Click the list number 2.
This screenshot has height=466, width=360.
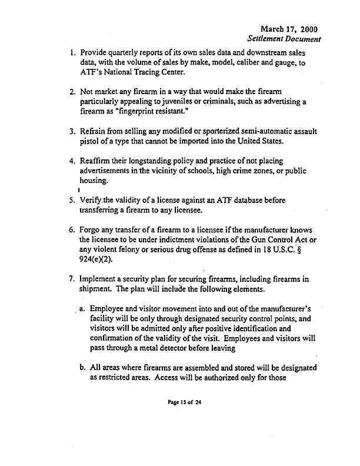[x=70, y=92]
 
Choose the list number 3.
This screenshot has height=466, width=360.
[x=70, y=132]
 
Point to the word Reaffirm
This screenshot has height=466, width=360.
[x=98, y=162]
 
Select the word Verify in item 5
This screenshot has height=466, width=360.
[x=94, y=201]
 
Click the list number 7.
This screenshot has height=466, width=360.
[x=70, y=280]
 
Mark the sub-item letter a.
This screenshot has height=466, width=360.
[x=84, y=309]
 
